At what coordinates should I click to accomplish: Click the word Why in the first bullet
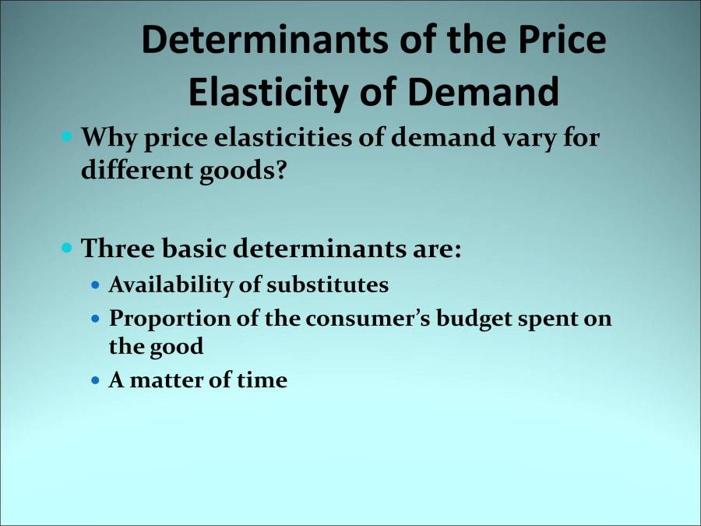tap(107, 139)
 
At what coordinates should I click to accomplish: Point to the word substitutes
tap(327, 285)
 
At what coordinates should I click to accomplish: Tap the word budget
tap(467, 319)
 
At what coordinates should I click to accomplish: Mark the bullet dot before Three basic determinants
tap(67, 249)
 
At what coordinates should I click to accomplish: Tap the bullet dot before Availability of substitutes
tap(96, 286)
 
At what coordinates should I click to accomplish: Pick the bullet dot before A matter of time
tap(96, 381)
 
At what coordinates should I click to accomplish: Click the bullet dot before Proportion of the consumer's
tap(96, 319)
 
